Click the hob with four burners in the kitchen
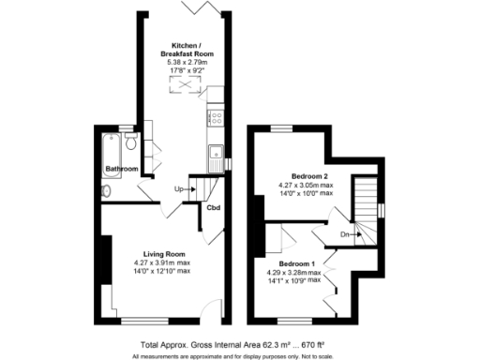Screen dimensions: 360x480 (x=215, y=118)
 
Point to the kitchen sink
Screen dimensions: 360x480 (x=215, y=152)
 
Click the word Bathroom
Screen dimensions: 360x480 (x=121, y=169)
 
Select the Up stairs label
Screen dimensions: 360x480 (x=180, y=190)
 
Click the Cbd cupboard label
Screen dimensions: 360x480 (x=213, y=207)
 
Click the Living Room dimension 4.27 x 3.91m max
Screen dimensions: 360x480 (x=163, y=263)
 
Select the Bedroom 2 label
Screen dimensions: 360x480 (x=308, y=176)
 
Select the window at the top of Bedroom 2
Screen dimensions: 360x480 (x=281, y=127)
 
